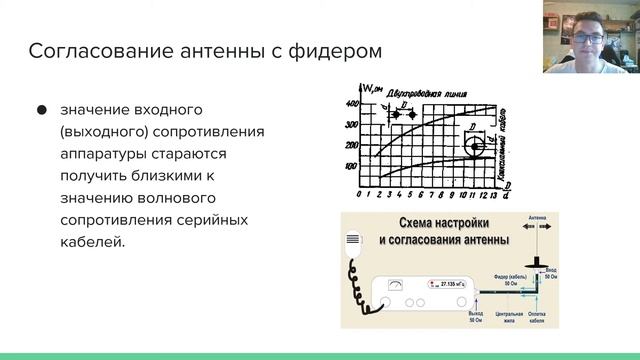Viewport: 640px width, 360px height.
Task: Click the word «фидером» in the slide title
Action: click(333, 49)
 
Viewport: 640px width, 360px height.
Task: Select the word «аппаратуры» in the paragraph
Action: click(110, 153)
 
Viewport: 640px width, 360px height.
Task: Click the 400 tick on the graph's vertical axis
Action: click(350, 104)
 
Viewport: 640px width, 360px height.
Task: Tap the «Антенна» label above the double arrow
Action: click(538, 218)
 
